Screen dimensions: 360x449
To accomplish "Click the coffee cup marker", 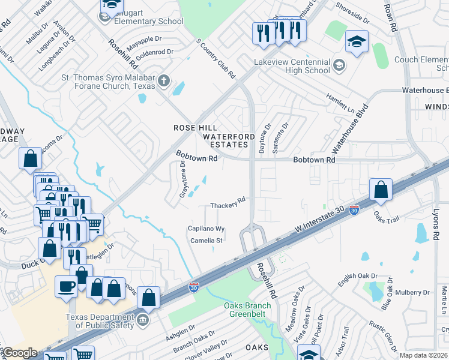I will point(66,286).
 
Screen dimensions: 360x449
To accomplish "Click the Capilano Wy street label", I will point(206,229).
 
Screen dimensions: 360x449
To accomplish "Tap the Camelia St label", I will point(206,241).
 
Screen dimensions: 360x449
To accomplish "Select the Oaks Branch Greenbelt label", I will point(247,310).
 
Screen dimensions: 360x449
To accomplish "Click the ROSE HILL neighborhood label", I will point(195,128).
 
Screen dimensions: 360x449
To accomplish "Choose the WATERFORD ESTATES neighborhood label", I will point(226,140).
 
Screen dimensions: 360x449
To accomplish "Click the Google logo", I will point(20,353).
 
